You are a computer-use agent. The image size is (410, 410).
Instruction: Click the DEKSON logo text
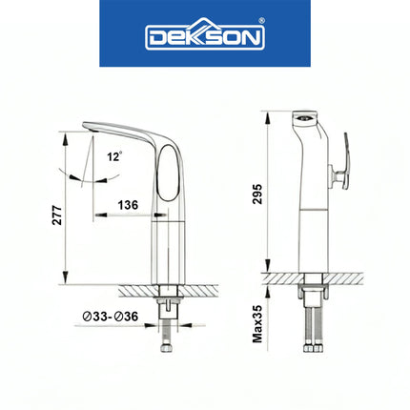pyautogui.click(x=205, y=37)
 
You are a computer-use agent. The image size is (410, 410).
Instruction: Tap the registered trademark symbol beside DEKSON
pyautogui.click(x=262, y=25)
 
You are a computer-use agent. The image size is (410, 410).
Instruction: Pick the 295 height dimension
pyautogui.click(x=256, y=194)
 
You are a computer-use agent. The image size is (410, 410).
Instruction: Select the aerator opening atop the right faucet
pyautogui.click(x=302, y=118)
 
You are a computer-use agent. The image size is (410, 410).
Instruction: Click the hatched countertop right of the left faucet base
pyautogui.click(x=204, y=288)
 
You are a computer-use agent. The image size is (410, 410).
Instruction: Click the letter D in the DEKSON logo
pyautogui.click(x=154, y=38)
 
